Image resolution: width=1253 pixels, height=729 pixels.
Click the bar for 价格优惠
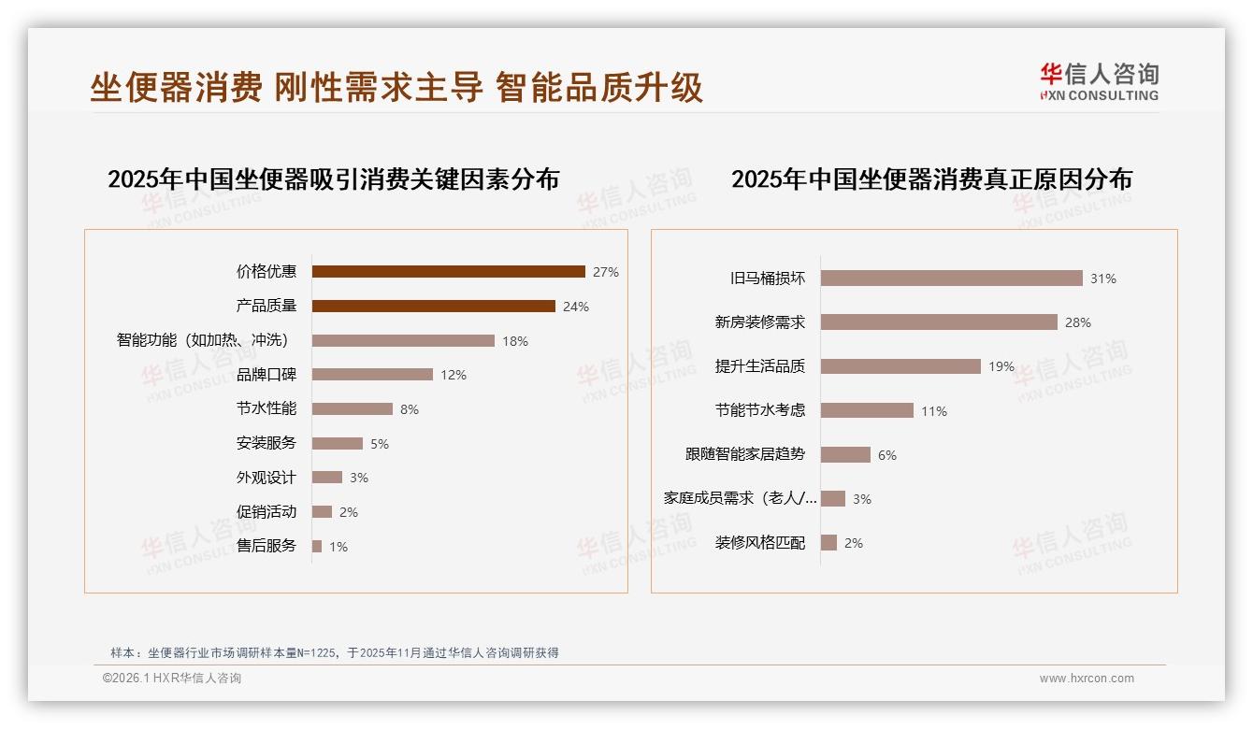[x=448, y=272]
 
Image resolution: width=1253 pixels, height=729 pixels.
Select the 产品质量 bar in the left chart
[x=433, y=307]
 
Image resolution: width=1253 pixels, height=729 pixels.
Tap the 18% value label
[x=515, y=341]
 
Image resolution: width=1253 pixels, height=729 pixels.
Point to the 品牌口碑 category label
[x=266, y=375]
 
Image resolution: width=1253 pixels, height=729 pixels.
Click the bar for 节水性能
[x=352, y=409]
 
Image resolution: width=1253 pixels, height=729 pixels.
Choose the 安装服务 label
[x=266, y=443]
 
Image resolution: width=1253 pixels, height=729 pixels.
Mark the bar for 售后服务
[x=317, y=546]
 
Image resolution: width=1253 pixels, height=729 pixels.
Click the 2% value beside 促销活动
[x=349, y=512]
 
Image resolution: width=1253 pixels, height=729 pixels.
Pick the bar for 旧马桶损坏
[x=951, y=279]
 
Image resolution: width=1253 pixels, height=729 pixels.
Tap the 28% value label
[x=1078, y=322]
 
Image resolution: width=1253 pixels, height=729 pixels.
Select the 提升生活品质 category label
[x=760, y=366]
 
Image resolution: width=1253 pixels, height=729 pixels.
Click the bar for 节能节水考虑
[x=867, y=410]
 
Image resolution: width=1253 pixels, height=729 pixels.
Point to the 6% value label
[x=887, y=455]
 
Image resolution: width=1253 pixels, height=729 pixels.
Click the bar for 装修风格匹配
[x=828, y=543]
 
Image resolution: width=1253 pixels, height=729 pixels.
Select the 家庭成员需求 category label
[x=741, y=498]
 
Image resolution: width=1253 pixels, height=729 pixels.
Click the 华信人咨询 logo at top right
[x=1099, y=81]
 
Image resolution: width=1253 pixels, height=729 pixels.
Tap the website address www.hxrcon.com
[x=1087, y=679]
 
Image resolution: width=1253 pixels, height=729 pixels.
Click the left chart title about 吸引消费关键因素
[x=333, y=179]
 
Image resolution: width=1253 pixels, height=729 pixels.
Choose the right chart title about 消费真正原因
[x=931, y=179]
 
